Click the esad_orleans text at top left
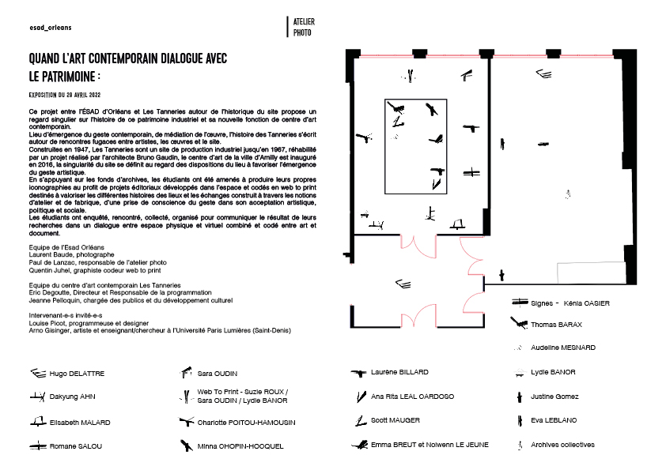(x=51, y=26)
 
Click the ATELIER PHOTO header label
(x=303, y=28)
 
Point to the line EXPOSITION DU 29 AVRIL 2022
(x=71, y=94)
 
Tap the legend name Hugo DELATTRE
(x=77, y=373)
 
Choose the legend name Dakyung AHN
(x=72, y=397)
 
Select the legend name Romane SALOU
(x=75, y=446)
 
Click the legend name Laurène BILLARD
(x=399, y=372)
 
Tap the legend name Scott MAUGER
(x=395, y=420)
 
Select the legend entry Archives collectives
(x=562, y=445)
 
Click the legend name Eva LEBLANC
(x=554, y=420)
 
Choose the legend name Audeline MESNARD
(x=563, y=348)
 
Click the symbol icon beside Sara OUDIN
(x=187, y=372)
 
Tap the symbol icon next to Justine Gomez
(x=519, y=396)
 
